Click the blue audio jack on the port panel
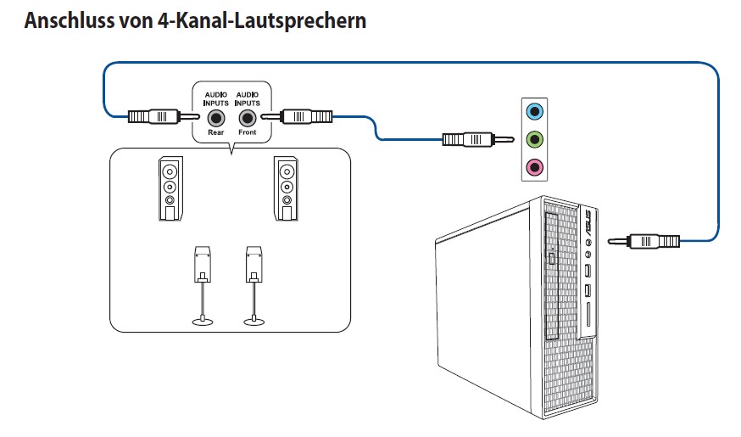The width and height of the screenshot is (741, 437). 534,111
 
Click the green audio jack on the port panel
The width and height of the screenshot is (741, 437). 534,138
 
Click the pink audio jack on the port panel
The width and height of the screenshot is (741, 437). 534,166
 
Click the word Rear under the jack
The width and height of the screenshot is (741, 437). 216,133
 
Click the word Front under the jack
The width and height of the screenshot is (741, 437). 247,133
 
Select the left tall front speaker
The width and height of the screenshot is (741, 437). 170,188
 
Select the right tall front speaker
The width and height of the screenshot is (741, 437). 286,188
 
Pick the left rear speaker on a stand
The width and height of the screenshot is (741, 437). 203,264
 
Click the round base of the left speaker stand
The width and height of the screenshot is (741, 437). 203,321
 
